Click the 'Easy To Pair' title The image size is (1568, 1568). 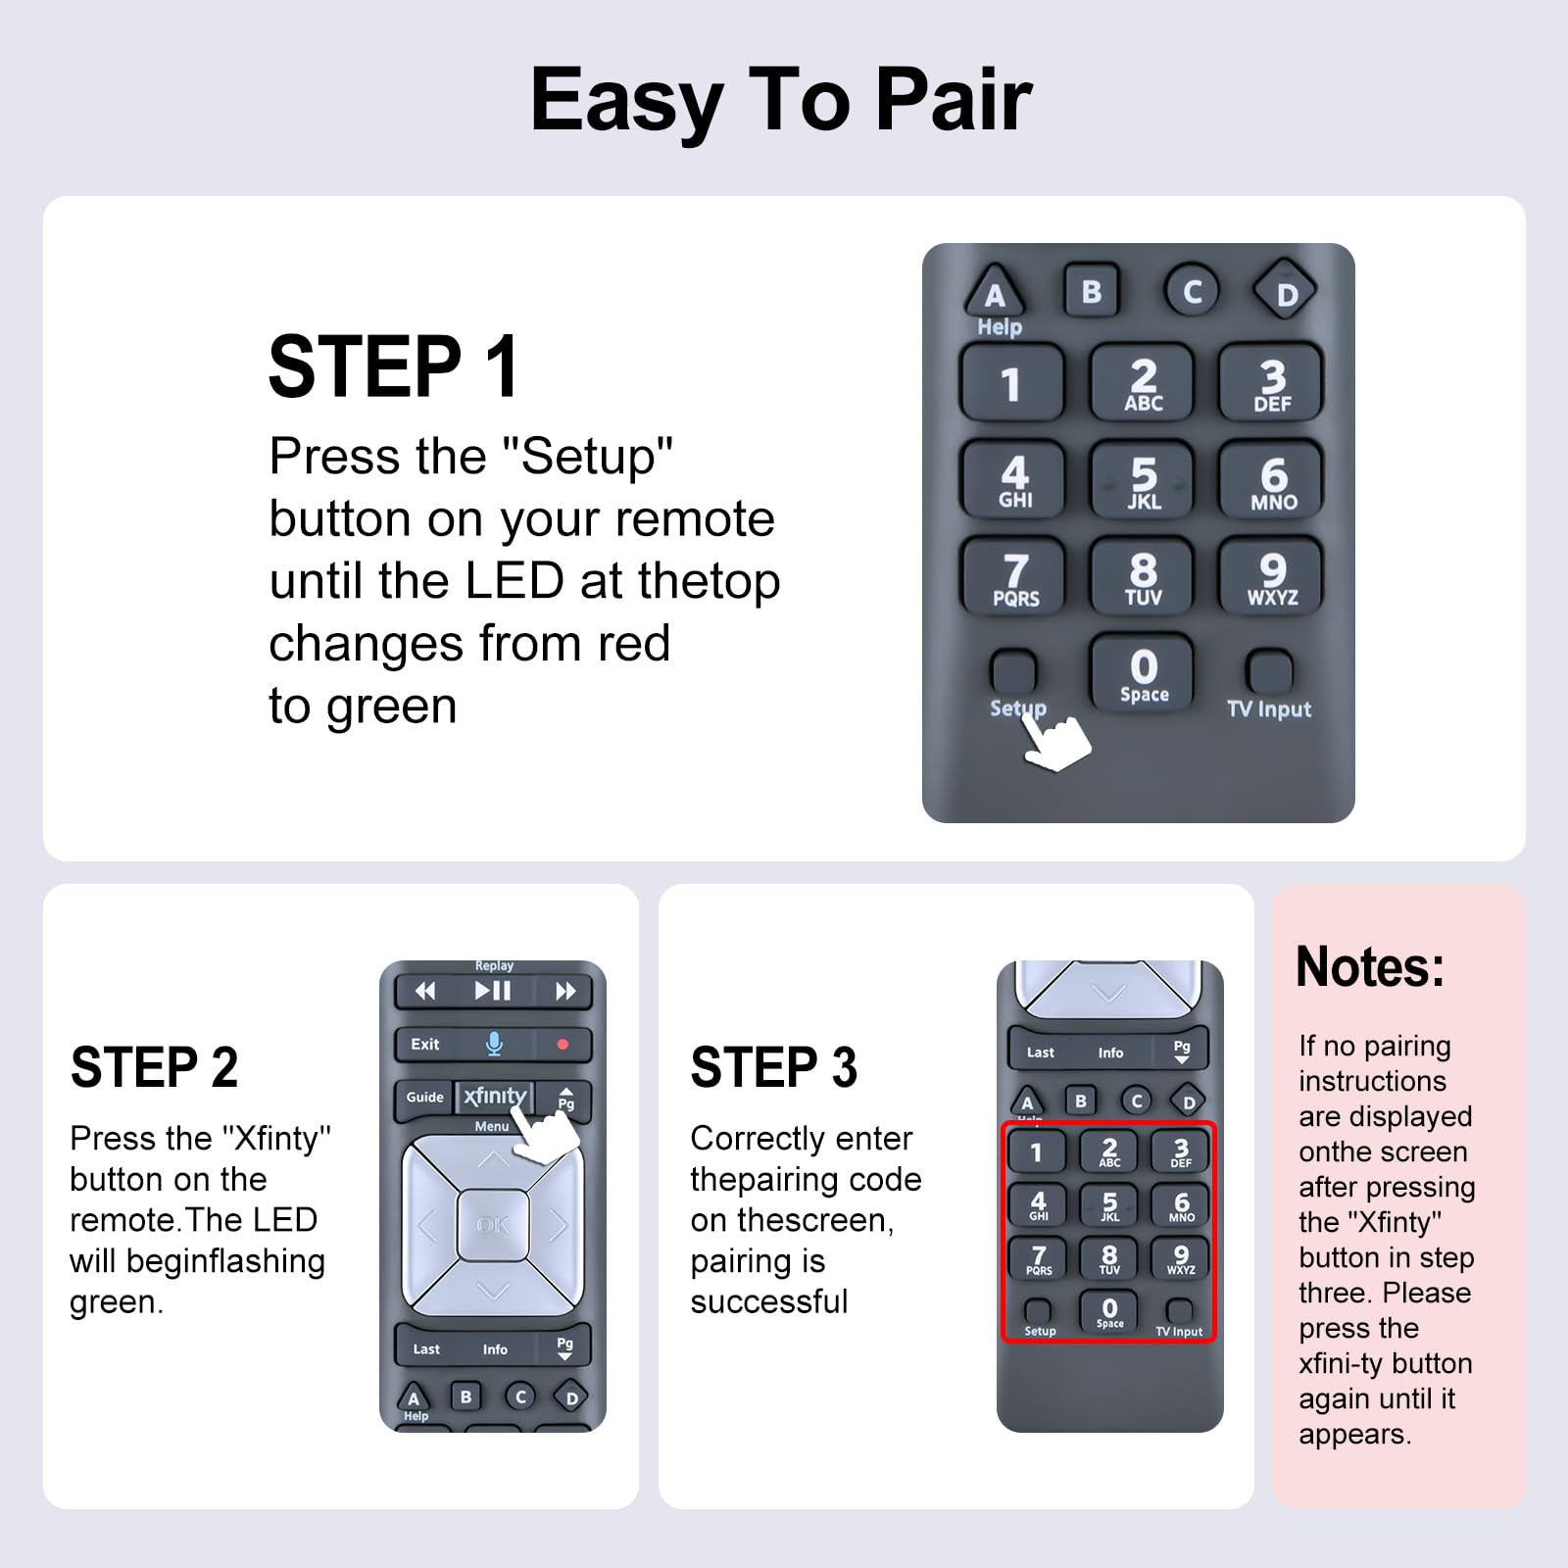coord(781,100)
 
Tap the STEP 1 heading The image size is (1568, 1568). coord(394,367)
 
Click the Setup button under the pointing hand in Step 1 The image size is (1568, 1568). coord(1013,672)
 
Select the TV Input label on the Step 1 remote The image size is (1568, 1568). coord(1268,709)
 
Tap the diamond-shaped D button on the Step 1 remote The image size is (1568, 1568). coord(1285,292)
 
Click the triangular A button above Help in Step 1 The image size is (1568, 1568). coord(995,292)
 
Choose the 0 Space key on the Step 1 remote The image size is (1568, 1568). coord(1143,674)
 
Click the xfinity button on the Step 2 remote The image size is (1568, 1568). coord(495,1097)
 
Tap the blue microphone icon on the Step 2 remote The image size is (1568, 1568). coord(494,1045)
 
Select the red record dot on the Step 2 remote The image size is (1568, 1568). coord(563,1045)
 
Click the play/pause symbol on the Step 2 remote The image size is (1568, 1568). coord(493,992)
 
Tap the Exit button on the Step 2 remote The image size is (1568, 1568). coord(425,1045)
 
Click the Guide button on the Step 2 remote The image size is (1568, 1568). coord(425,1098)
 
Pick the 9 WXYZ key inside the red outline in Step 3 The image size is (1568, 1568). coord(1181,1258)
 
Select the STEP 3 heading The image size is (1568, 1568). coord(773,1068)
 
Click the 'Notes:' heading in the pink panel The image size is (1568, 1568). coord(1370,968)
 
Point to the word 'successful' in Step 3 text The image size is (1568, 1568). coord(768,1301)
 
